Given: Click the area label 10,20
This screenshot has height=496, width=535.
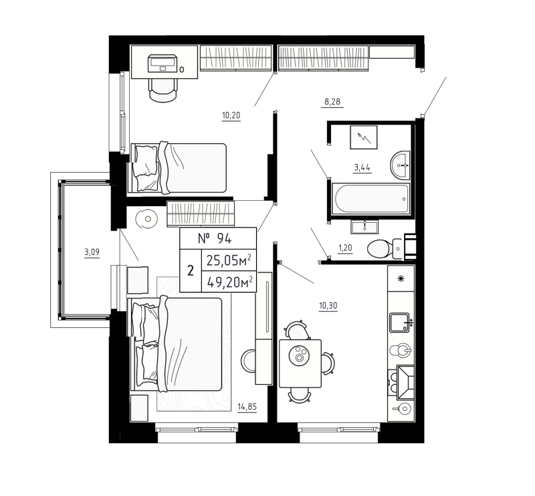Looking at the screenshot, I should (x=231, y=114).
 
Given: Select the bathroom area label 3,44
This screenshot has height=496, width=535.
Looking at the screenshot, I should (x=362, y=167).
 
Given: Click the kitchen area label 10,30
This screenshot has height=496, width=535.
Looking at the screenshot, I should (x=328, y=306).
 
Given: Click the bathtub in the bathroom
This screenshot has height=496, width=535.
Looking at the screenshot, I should (x=371, y=199).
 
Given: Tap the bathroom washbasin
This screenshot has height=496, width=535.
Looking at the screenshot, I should (x=402, y=164).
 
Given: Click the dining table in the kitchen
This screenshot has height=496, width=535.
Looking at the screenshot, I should (x=300, y=362).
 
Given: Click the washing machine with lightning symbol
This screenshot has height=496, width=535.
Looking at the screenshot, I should (x=366, y=138).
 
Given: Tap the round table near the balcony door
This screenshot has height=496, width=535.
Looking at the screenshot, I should (x=145, y=218).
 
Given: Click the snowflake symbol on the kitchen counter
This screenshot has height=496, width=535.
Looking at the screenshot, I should (x=401, y=279).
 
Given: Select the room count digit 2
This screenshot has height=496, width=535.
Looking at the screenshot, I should (x=191, y=271).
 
